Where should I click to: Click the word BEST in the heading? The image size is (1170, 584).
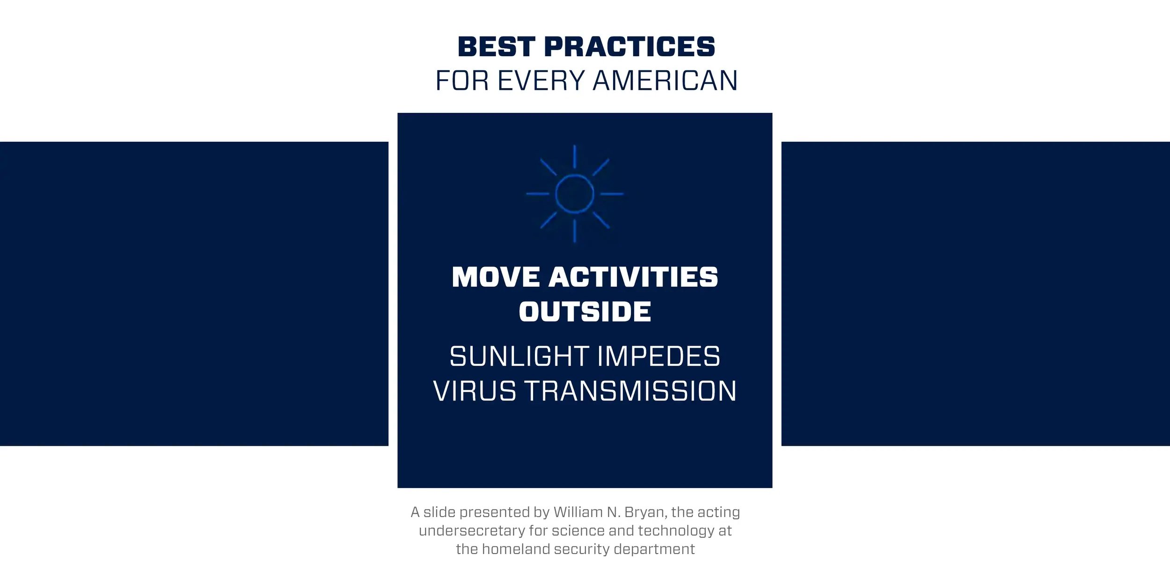[496, 47]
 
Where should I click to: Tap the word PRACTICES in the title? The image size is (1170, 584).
[629, 47]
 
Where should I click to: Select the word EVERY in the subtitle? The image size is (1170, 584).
[541, 81]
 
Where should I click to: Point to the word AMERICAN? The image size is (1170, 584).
[665, 81]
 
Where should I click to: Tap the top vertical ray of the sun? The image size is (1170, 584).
[575, 157]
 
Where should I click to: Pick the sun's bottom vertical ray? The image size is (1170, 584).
[575, 231]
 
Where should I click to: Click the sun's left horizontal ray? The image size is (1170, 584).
[538, 193]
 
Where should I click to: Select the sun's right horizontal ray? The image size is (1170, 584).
[612, 193]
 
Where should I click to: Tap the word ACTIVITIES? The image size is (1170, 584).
[633, 277]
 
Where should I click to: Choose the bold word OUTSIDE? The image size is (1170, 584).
[585, 312]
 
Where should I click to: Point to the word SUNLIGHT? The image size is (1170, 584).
[519, 356]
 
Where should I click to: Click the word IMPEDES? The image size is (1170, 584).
[658, 356]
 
